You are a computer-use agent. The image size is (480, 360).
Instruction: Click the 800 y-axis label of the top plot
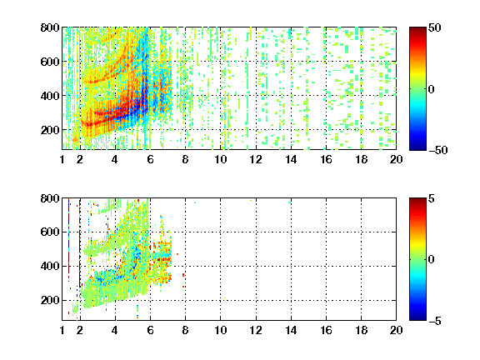(x=50, y=27)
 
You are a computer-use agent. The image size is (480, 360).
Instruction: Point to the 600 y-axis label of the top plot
(x=50, y=62)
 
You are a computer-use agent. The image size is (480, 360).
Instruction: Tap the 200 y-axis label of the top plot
(x=50, y=130)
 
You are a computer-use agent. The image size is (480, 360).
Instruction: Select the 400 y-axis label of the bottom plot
(x=50, y=266)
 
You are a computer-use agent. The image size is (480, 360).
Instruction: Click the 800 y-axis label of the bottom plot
(x=50, y=198)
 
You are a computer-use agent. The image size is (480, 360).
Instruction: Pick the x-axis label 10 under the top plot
(x=220, y=159)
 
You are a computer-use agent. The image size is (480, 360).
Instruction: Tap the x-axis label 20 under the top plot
(x=396, y=159)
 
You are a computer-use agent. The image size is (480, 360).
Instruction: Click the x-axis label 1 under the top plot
(x=62, y=159)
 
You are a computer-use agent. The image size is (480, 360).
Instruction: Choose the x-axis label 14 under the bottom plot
(x=291, y=330)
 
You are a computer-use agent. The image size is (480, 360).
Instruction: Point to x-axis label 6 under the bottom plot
(x=150, y=330)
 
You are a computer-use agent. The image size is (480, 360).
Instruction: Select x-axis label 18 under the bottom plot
(x=361, y=330)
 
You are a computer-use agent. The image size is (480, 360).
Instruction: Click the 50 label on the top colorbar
(x=435, y=27)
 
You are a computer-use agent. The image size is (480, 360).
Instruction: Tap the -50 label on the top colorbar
(x=438, y=150)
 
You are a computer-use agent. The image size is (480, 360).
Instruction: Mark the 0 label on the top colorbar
(x=432, y=89)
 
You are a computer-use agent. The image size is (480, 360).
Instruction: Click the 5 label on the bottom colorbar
(x=432, y=198)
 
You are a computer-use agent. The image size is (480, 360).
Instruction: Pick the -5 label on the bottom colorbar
(x=435, y=321)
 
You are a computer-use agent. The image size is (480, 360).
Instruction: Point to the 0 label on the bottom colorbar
(x=432, y=260)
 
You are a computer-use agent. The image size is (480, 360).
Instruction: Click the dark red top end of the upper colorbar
(x=417, y=29)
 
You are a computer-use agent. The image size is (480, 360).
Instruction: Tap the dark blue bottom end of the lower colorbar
(x=417, y=318)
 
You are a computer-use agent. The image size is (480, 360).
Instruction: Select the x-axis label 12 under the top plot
(x=256, y=159)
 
